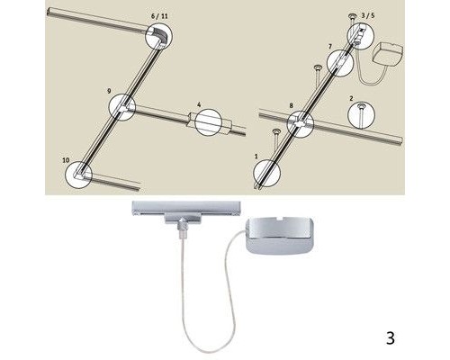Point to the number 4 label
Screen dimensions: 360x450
(198, 103)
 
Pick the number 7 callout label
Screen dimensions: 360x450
(330, 45)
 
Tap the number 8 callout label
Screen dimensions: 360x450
(291, 106)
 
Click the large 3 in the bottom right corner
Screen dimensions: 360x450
(390, 339)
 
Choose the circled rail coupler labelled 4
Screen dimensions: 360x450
(206, 123)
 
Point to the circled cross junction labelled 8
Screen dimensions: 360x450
(301, 124)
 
